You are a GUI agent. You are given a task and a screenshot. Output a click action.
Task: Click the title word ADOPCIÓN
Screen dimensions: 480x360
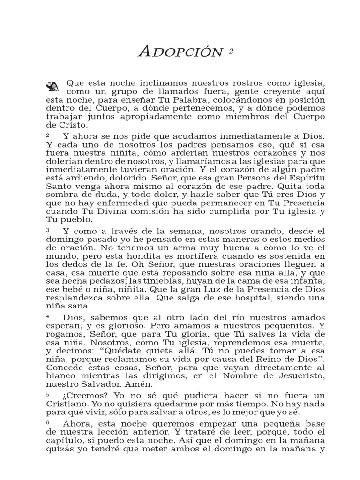pos(180,52)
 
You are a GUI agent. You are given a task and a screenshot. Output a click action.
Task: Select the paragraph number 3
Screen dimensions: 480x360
pos(48,230)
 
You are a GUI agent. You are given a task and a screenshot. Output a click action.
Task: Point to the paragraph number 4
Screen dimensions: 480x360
pos(48,317)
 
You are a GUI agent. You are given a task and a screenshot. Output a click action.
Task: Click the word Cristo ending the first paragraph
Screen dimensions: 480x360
pos(70,126)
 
